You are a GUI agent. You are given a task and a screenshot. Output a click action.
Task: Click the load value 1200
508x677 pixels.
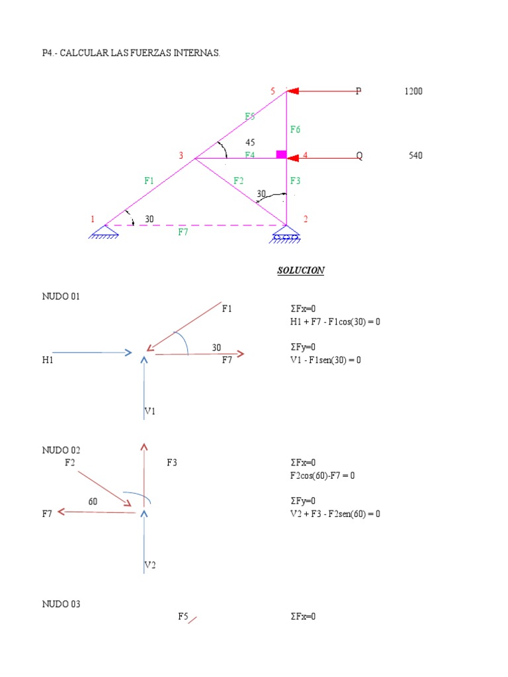tap(413, 91)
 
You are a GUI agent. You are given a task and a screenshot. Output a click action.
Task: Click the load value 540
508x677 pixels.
tap(415, 156)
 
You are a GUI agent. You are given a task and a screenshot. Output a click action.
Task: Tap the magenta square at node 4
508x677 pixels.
tap(281, 155)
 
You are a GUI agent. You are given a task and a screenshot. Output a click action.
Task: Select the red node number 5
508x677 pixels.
tap(273, 91)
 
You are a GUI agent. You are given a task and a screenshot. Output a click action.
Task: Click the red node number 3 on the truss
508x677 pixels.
tap(181, 156)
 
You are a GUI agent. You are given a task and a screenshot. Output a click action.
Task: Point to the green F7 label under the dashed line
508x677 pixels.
tap(183, 232)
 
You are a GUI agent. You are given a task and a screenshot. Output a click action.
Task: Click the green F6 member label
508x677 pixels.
tap(295, 130)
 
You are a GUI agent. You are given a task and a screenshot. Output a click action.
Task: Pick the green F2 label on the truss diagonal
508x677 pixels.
tap(239, 180)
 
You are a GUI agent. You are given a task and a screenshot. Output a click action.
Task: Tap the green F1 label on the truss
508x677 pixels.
tap(149, 180)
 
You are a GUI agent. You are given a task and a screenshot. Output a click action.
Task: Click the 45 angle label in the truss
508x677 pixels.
tap(250, 142)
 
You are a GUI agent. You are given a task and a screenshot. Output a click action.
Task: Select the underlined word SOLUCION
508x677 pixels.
tap(301, 270)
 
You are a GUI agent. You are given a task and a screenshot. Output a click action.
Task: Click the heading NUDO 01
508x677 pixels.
tap(61, 297)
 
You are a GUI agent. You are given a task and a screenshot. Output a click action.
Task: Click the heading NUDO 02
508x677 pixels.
tap(61, 450)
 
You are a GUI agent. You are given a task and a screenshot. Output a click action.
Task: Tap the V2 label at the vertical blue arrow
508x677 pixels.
tap(150, 565)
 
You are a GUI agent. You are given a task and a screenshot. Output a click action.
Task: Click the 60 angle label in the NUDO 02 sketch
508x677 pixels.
tap(93, 501)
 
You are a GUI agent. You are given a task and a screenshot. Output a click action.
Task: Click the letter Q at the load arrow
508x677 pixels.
tap(360, 156)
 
